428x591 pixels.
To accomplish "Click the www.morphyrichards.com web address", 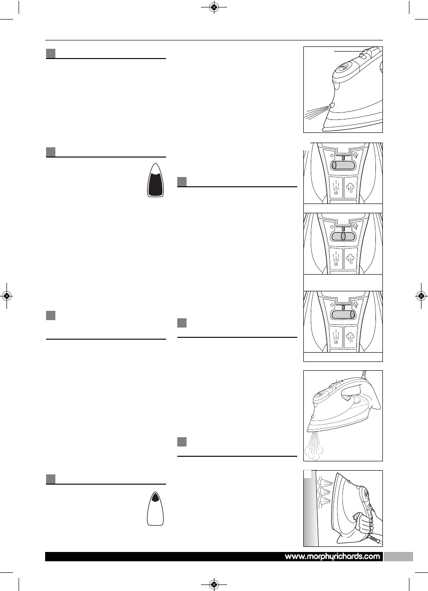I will point(333,557).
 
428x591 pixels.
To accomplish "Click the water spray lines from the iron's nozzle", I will point(316,113).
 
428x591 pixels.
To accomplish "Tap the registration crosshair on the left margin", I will point(7,295).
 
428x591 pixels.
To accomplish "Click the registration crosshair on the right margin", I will point(421,295).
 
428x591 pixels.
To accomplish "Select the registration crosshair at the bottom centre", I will point(214,584).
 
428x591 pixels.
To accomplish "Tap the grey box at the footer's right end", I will point(399,557).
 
